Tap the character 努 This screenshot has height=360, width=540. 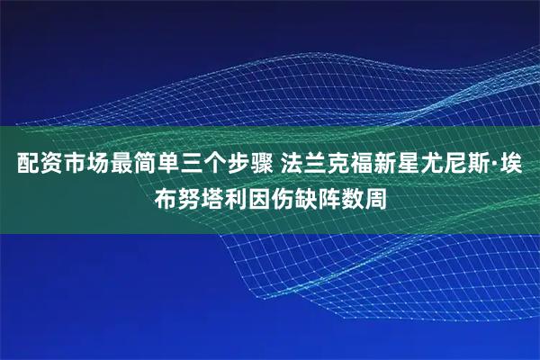(x=193, y=197)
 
